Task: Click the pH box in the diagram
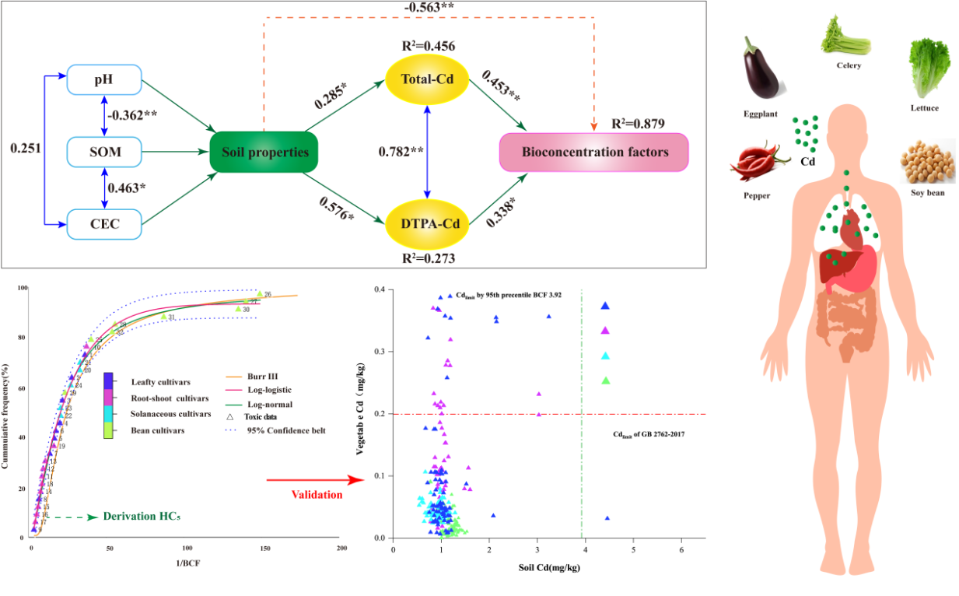[x=104, y=80]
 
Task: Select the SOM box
[x=104, y=152]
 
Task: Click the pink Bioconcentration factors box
[x=594, y=152]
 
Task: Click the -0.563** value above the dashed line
[x=426, y=9]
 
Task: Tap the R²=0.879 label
[x=639, y=124]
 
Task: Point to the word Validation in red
[x=317, y=494]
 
